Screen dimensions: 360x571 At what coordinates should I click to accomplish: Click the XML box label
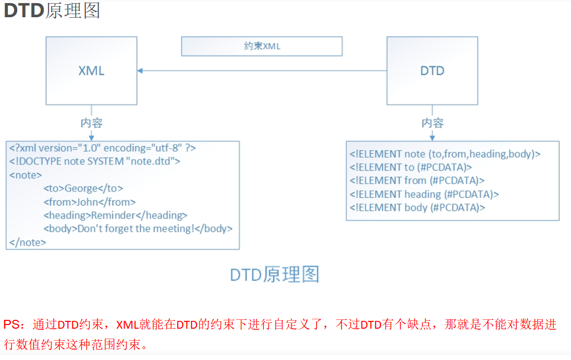[x=91, y=71]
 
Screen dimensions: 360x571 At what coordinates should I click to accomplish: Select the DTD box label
[x=432, y=71]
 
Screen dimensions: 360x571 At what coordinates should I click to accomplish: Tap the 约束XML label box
[x=262, y=46]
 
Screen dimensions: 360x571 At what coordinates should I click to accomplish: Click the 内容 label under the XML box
[x=91, y=123]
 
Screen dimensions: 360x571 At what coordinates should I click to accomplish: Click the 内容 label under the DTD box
[x=432, y=123]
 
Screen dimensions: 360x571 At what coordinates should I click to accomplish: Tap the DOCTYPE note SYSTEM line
[x=94, y=161]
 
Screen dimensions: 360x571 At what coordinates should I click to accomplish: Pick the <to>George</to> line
[x=83, y=188]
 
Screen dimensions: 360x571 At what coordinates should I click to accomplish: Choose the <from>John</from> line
[x=90, y=202]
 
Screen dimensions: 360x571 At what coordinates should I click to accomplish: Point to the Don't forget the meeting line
[x=138, y=229]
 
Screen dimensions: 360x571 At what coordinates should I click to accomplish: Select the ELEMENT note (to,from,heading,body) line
[x=445, y=154]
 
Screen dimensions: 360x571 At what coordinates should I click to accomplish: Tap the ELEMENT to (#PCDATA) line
[x=411, y=167]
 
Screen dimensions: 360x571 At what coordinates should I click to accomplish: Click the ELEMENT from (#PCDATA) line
[x=417, y=181]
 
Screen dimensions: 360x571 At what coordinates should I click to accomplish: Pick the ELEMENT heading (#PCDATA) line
[x=424, y=194]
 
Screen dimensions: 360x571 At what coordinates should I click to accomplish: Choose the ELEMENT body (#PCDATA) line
[x=418, y=208]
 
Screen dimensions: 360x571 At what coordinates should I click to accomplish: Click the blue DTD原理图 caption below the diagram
[x=274, y=274]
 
